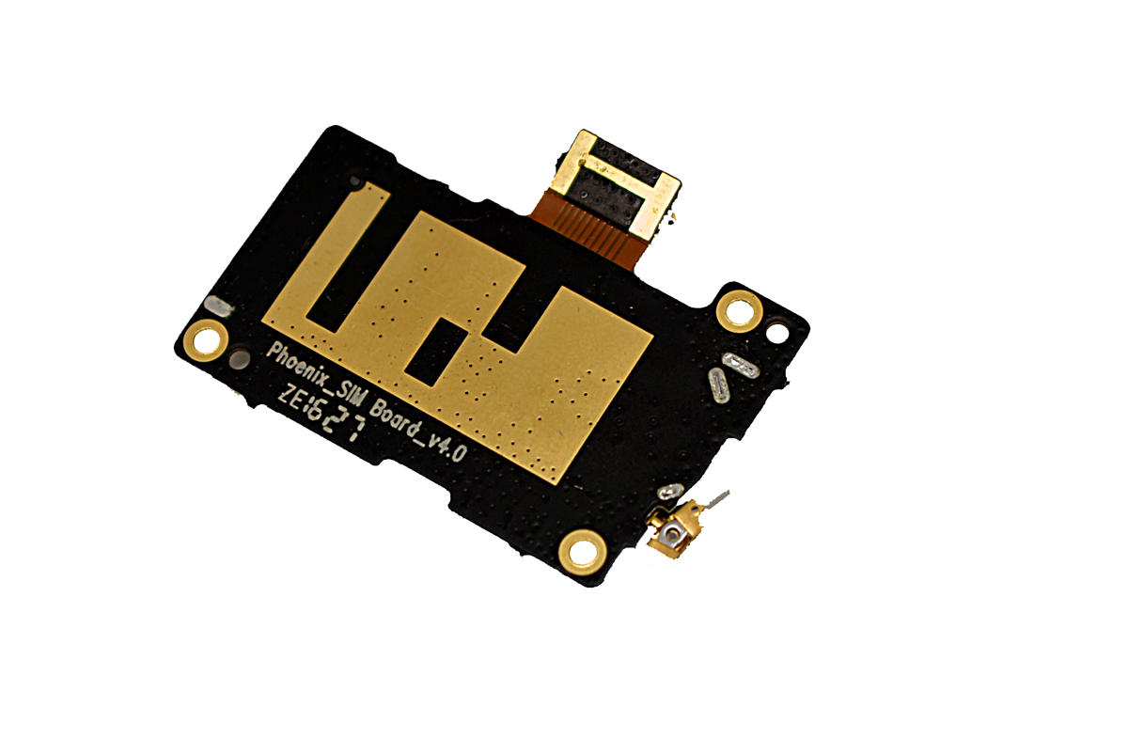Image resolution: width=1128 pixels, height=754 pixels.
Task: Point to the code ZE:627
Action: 321,412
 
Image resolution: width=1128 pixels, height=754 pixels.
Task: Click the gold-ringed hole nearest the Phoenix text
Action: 205,340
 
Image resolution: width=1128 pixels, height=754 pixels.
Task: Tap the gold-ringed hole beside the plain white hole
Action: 738,311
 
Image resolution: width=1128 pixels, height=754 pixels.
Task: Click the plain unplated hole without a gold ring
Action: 777,334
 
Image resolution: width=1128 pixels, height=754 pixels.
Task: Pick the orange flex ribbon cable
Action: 587,229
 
